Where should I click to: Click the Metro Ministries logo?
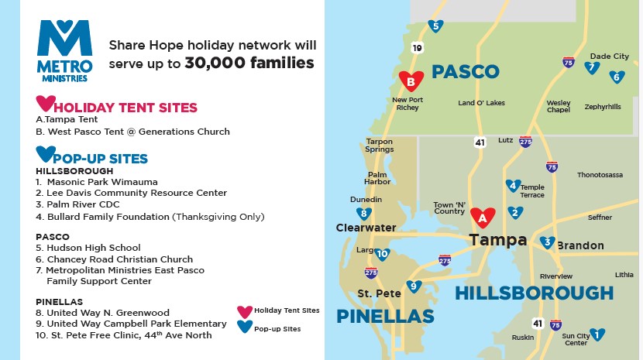point(65,51)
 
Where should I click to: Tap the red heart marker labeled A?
point(483,217)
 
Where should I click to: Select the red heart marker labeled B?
point(411,81)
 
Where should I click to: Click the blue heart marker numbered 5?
point(435,26)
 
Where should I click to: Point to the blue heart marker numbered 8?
point(364,214)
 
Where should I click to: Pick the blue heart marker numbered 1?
point(597,334)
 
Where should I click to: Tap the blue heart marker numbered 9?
point(414,286)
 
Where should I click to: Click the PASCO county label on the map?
point(466,72)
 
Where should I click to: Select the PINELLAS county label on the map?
point(385,317)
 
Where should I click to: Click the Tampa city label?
point(498,240)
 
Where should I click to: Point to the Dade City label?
point(610,57)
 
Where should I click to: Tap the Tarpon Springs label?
point(380,145)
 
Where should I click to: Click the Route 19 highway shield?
point(417,48)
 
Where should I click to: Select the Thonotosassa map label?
point(600,175)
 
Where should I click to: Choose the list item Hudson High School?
point(94,248)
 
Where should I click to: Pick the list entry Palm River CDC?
point(83,204)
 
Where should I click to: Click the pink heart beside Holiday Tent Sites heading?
point(46,103)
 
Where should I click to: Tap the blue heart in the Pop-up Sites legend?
point(245,327)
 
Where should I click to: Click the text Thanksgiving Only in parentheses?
point(218,217)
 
